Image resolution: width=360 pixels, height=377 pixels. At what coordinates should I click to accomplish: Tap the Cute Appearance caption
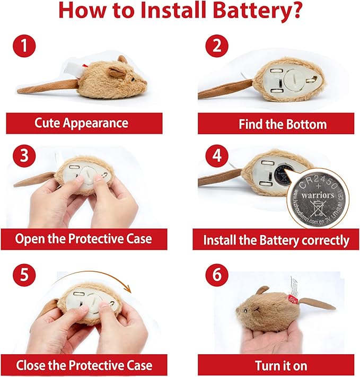coord(81,123)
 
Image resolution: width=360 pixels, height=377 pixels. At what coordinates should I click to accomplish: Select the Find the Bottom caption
coord(275,124)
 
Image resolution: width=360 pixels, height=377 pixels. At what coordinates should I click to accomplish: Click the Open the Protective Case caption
coord(83,239)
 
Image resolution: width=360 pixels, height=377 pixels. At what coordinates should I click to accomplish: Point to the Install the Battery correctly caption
coord(276,240)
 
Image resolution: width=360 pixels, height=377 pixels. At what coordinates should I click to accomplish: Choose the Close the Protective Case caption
coord(84,365)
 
